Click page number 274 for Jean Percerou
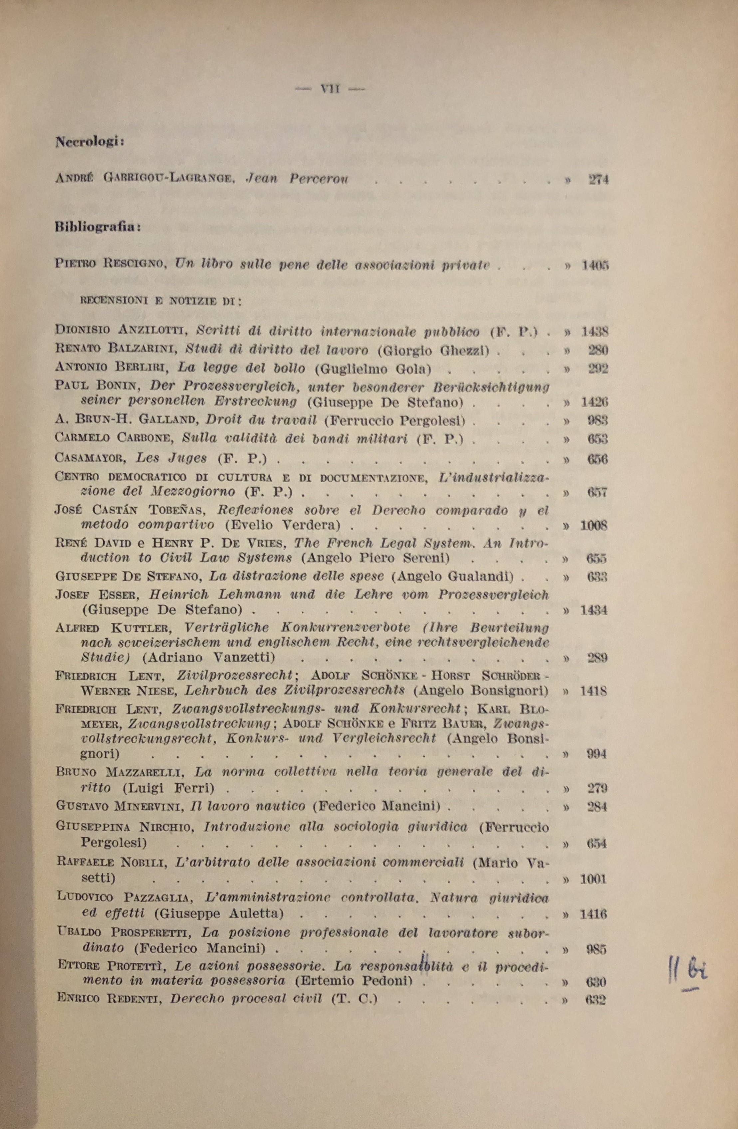coord(599,180)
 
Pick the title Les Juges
coord(171,458)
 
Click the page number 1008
coord(594,526)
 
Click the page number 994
coord(597,754)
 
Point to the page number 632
coord(596,1000)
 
